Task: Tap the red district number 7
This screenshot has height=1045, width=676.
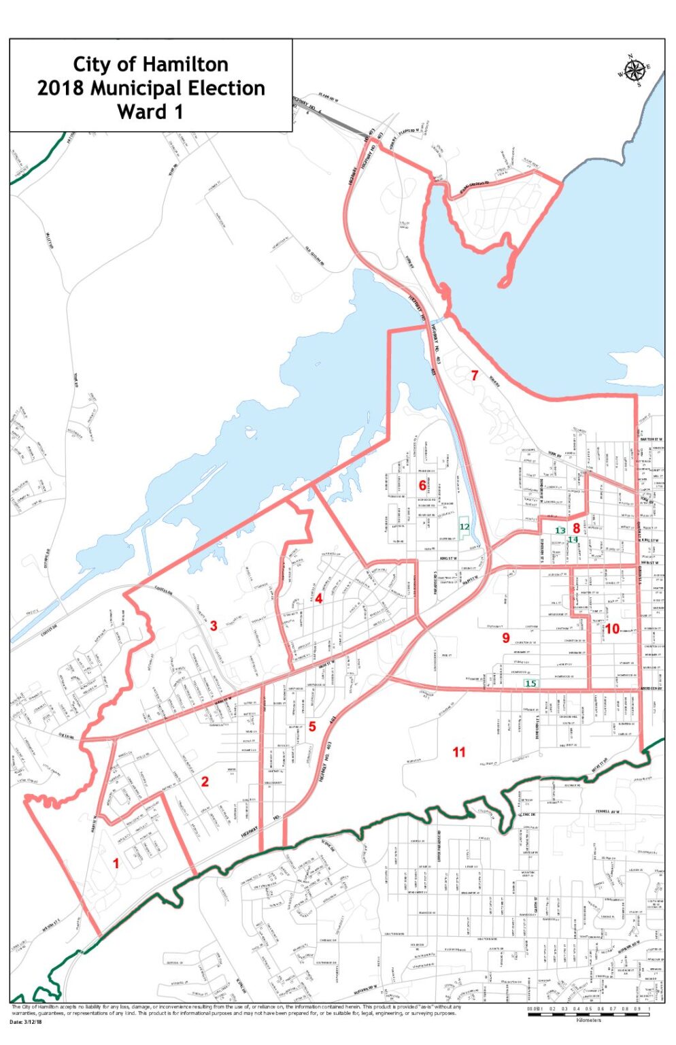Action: pos(475,375)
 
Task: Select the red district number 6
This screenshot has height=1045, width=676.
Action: pos(422,485)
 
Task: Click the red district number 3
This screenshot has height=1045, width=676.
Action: pos(214,625)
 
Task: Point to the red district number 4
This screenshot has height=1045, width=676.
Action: pos(318,599)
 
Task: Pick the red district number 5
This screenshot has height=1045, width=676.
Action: pos(312,726)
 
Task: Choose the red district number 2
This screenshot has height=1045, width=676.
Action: pos(205,782)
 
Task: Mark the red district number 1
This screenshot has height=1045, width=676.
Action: pos(116,863)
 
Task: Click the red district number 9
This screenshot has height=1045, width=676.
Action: pos(505,637)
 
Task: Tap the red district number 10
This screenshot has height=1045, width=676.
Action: pos(612,629)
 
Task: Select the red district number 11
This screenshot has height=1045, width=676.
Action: pos(459,751)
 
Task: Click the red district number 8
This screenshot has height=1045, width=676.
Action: pos(576,527)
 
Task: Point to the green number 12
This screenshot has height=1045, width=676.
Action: pos(464,527)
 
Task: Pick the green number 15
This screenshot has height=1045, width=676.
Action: pos(530,683)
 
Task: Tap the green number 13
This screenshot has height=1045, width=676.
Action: pos(560,530)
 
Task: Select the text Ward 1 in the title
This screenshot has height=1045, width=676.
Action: pos(150,112)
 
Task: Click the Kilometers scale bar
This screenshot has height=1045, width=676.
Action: pos(588,1014)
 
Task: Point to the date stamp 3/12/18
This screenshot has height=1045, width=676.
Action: pos(33,1022)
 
